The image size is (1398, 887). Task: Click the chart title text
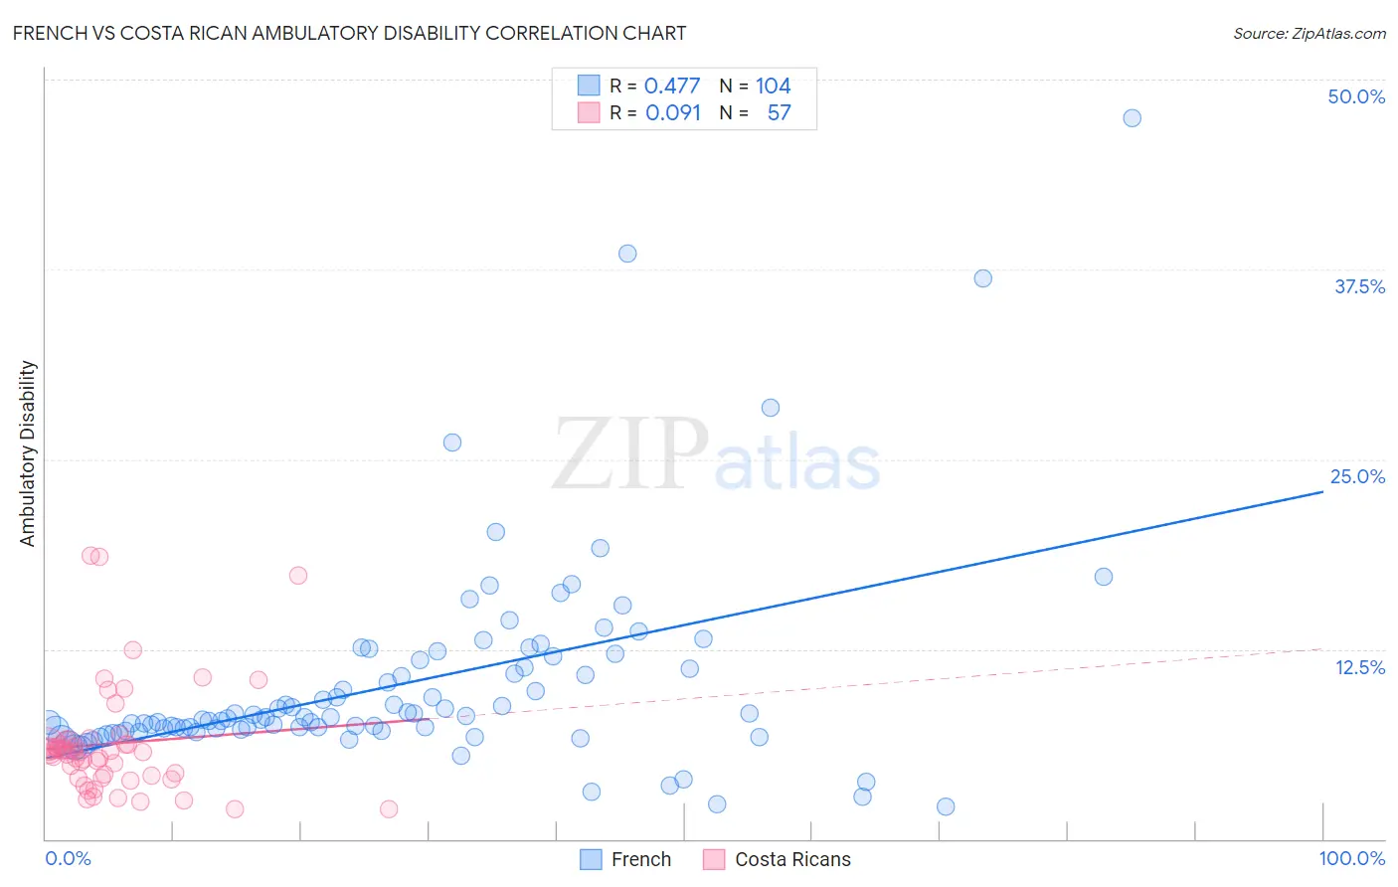(x=349, y=33)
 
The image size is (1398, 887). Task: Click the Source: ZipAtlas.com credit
(x=1309, y=33)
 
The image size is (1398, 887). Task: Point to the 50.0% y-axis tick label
(x=1356, y=96)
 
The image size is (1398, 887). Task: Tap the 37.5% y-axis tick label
(x=1359, y=286)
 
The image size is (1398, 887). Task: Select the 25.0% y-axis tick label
(x=1357, y=476)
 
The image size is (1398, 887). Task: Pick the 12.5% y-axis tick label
(x=1359, y=667)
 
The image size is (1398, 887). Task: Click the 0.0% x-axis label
(x=68, y=858)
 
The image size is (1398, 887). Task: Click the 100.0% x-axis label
(x=1351, y=858)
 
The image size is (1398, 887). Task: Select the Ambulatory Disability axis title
(x=28, y=453)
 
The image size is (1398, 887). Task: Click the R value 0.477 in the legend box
(x=672, y=86)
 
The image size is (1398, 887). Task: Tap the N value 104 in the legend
(x=773, y=86)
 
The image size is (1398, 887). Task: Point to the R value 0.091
(x=673, y=112)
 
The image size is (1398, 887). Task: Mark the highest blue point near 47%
(x=1132, y=118)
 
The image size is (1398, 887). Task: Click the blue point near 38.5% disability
(x=627, y=254)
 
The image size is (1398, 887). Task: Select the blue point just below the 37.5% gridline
(x=982, y=278)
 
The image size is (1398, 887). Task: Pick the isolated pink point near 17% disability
(x=298, y=575)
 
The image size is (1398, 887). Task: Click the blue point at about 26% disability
(x=452, y=443)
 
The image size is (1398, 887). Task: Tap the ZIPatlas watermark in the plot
(x=716, y=455)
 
